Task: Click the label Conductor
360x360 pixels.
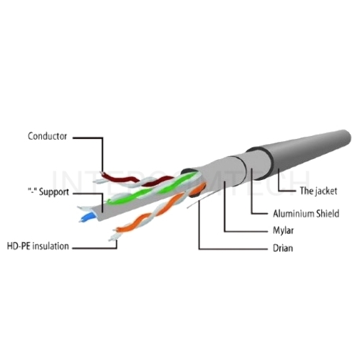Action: point(48,136)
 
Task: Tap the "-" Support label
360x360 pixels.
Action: point(48,192)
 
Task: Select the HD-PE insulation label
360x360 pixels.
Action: point(38,246)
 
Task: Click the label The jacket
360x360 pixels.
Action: point(318,191)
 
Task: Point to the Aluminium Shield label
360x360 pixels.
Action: point(306,213)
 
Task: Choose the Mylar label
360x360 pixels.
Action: point(283,230)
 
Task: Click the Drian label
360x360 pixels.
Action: point(283,248)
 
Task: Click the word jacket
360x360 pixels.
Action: point(326,191)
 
